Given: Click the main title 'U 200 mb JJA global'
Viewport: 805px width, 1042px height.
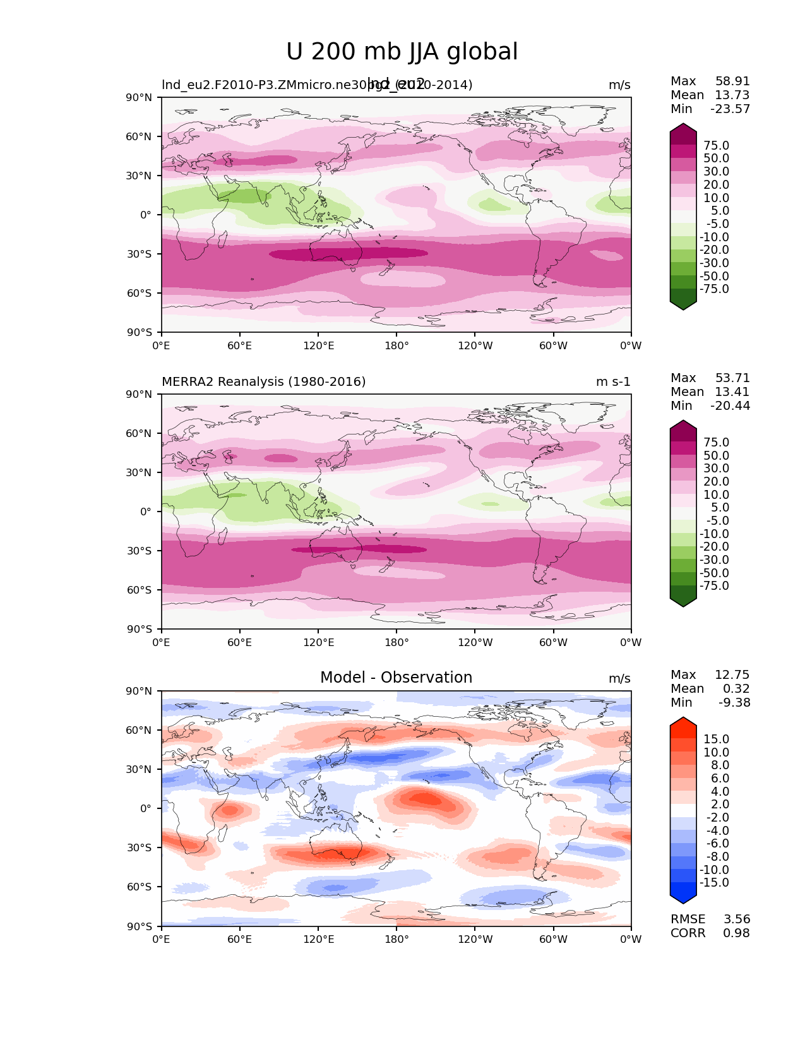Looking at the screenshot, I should pyautogui.click(x=402, y=52).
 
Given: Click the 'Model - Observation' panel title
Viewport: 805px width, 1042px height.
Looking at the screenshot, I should pyautogui.click(x=396, y=678).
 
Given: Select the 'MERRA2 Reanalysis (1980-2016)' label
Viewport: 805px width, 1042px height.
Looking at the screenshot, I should pyautogui.click(x=263, y=382).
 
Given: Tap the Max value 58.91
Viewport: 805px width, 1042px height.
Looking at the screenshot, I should pyautogui.click(x=732, y=81).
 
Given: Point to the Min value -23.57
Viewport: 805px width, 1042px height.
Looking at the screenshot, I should pyautogui.click(x=730, y=109).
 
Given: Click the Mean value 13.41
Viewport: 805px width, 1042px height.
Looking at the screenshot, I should pyautogui.click(x=732, y=392).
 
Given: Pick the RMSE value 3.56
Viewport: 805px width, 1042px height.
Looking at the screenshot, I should pyautogui.click(x=737, y=919).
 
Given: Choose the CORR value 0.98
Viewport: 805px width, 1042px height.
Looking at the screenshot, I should pyautogui.click(x=737, y=933).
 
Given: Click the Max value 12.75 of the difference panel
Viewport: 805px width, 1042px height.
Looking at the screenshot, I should pyautogui.click(x=732, y=675).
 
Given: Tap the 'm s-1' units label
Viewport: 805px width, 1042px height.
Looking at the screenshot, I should pyautogui.click(x=613, y=382).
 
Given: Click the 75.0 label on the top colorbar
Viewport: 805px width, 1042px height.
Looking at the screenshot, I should pyautogui.click(x=716, y=146).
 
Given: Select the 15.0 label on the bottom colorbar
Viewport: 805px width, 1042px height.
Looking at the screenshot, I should pyautogui.click(x=716, y=740).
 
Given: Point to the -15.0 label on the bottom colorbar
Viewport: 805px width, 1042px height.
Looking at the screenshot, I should pyautogui.click(x=714, y=883).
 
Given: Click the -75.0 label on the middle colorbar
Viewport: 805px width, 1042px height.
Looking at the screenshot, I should pyautogui.click(x=714, y=586).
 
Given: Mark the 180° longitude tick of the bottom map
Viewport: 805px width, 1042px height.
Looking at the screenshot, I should pyautogui.click(x=397, y=940).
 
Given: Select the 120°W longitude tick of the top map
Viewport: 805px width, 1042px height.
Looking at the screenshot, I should pyautogui.click(x=475, y=346).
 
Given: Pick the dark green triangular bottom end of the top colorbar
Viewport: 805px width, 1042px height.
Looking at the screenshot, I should pyautogui.click(x=683, y=304).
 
